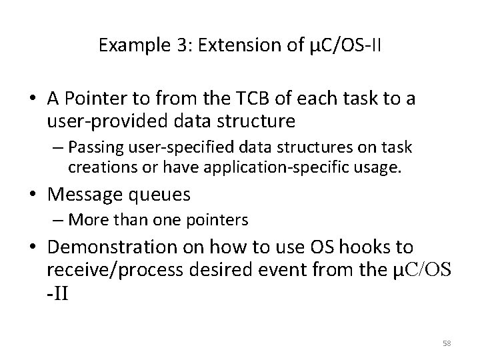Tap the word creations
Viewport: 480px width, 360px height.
tap(95, 165)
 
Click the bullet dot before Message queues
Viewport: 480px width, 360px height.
tap(34, 195)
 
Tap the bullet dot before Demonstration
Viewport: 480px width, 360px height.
tap(34, 249)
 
